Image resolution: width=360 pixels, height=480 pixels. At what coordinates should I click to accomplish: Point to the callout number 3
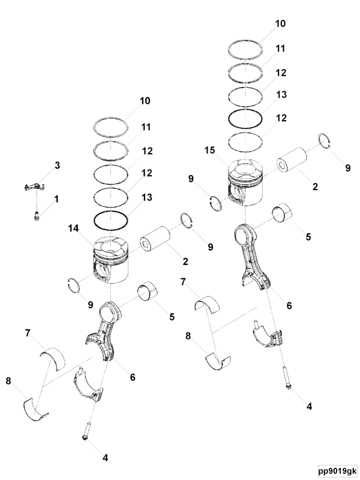click(x=58, y=165)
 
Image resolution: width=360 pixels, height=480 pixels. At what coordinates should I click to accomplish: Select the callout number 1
click(x=58, y=199)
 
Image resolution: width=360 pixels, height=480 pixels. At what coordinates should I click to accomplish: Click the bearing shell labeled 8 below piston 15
click(x=217, y=359)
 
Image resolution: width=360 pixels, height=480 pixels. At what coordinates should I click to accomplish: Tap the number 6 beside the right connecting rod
click(x=289, y=305)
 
